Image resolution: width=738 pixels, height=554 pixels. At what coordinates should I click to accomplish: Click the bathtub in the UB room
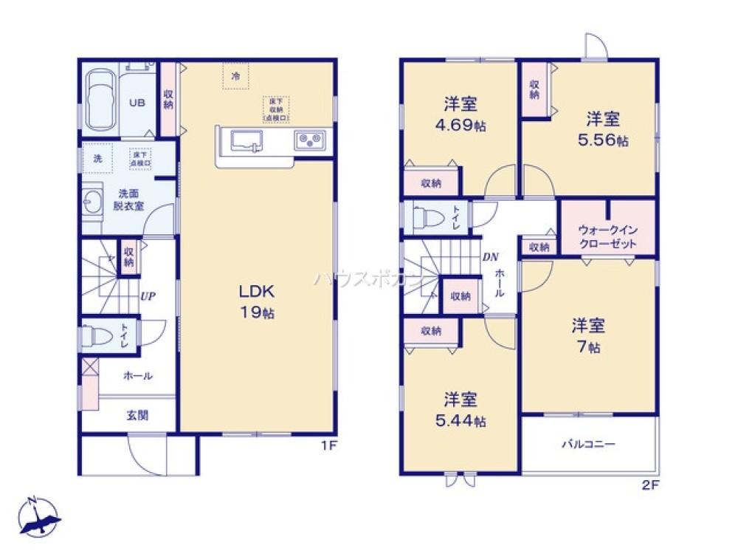[x=99, y=102]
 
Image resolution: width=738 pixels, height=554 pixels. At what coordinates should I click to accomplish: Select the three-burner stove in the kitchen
[x=311, y=139]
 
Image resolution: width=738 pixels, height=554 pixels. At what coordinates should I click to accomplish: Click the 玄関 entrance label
[x=137, y=415]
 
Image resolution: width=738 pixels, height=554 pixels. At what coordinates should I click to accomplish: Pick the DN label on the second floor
[x=490, y=258]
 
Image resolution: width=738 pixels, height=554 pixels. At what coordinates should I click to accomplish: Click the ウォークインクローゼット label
[x=608, y=236]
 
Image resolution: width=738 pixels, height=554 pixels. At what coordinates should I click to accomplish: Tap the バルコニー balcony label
[x=589, y=445]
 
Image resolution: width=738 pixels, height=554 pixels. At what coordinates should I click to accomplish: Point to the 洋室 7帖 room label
[x=590, y=335]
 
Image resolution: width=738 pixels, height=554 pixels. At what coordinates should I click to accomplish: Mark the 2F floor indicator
[x=651, y=485]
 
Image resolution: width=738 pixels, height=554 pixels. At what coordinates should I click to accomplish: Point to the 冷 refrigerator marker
[x=236, y=75]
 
